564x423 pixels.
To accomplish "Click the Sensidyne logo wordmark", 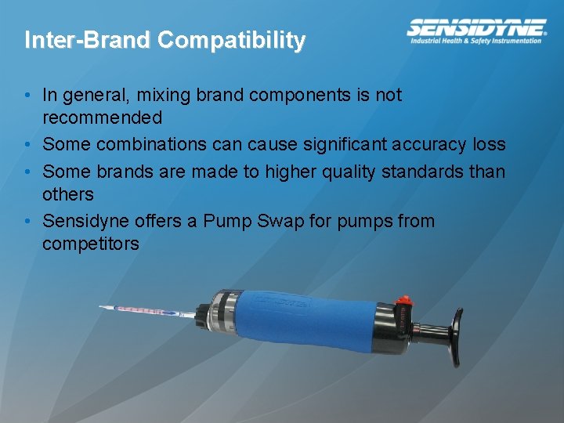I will (x=476, y=27).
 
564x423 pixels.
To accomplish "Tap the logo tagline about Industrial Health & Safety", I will (x=476, y=41).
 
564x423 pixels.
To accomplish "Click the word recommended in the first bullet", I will (x=102, y=118).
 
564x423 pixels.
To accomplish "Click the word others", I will (x=68, y=194).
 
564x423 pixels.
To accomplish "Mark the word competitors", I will (x=91, y=244).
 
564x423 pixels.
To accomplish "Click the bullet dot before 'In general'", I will (x=27, y=96).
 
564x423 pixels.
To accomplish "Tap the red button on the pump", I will (x=404, y=299).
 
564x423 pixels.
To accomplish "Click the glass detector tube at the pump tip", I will (x=145, y=311).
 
